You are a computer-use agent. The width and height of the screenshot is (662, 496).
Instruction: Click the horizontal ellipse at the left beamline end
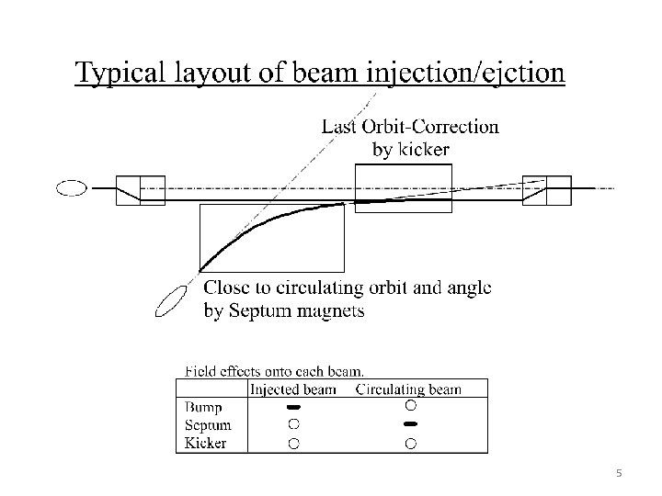pos(72,189)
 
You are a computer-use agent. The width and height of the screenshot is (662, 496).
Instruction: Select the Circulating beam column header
pos(408,389)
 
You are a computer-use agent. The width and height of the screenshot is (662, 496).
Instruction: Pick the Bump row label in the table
pos(203,406)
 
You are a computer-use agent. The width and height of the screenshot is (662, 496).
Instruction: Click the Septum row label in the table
pos(207,424)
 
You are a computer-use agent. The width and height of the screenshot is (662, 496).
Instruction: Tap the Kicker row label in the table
pos(205,443)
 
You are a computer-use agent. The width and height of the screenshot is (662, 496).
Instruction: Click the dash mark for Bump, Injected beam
pos(293,406)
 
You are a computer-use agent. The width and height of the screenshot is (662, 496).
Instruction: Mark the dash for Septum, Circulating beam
pos(410,424)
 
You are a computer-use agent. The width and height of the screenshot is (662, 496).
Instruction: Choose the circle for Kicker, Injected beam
pos(293,443)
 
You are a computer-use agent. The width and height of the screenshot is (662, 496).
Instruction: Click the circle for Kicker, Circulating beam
pos(410,443)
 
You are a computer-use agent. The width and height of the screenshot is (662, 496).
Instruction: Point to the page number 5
pos(619,473)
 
